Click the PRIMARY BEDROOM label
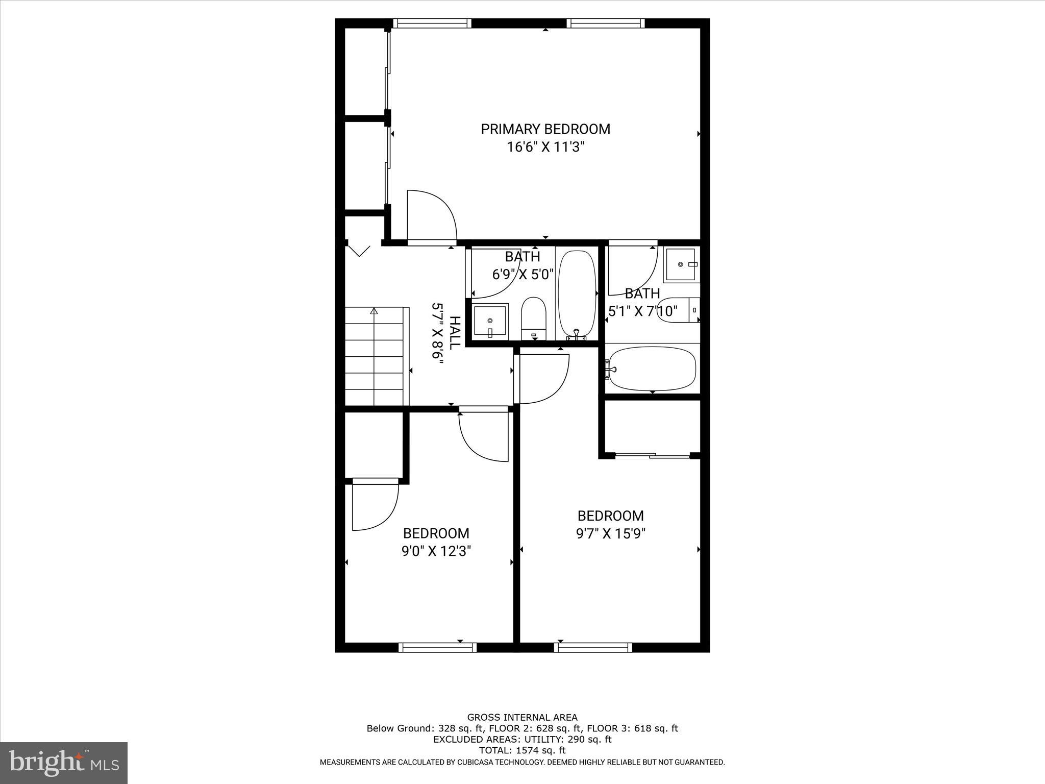(545, 129)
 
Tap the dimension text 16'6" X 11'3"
(545, 148)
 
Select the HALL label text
(455, 332)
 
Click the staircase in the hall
(375, 357)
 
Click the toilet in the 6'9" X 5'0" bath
(534, 317)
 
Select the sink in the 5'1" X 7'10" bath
(681, 264)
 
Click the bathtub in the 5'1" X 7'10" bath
(653, 369)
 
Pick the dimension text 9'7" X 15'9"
(611, 533)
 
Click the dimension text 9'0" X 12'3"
(436, 551)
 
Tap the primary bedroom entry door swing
(431, 215)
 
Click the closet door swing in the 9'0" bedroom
(375, 505)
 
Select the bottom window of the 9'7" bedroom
(593, 647)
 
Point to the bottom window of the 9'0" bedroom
(437, 647)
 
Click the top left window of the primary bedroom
(432, 23)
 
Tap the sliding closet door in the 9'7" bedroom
(652, 455)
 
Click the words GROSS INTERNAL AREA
(522, 717)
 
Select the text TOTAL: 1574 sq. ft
(522, 750)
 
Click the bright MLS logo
(64, 764)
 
